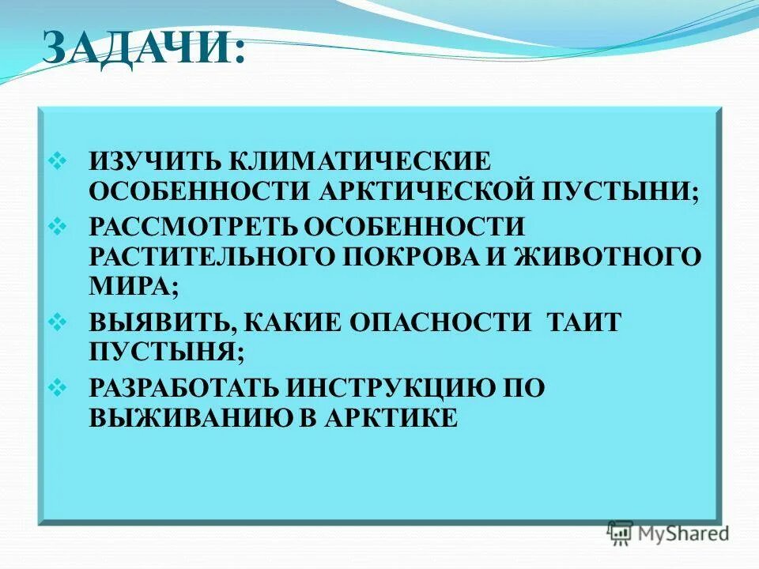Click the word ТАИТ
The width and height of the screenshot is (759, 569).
pyautogui.click(x=579, y=322)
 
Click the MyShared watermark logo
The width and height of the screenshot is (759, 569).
pyautogui.click(x=669, y=533)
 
